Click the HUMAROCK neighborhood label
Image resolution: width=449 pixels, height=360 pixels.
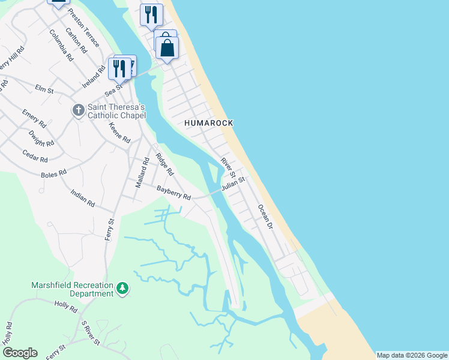(208, 122)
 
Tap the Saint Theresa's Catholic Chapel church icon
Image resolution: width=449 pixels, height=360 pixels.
(78, 110)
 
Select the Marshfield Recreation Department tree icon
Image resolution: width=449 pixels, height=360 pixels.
(122, 289)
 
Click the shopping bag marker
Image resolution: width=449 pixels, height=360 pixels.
(167, 49)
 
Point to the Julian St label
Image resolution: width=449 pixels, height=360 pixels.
(234, 183)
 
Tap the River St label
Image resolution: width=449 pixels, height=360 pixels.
(226, 167)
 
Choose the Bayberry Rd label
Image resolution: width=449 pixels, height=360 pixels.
(173, 193)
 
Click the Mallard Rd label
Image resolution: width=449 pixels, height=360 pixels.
(142, 173)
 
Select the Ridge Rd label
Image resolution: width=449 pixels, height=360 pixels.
(164, 164)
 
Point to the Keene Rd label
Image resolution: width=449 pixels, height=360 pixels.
(119, 133)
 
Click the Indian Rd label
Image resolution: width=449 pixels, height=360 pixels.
(83, 199)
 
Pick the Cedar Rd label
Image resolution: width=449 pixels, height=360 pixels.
(35, 156)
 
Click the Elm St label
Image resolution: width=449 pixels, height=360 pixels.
(44, 89)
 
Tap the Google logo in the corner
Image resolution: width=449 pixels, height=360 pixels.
(20, 353)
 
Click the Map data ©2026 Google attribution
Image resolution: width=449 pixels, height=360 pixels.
(412, 355)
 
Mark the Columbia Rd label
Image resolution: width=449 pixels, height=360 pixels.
(61, 46)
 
